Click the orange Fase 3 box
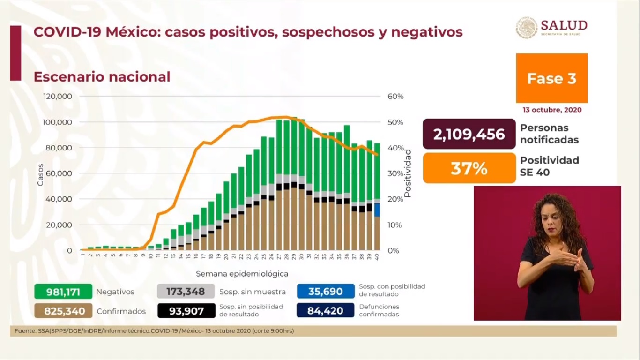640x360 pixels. point(551,78)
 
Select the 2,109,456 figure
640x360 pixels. point(469,135)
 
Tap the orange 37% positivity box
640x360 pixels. point(469,168)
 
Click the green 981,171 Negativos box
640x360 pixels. point(63,292)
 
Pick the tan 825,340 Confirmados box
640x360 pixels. point(63,311)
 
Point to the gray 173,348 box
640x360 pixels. point(186,292)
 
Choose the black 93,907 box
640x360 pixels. point(186,311)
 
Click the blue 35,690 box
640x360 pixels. point(325,292)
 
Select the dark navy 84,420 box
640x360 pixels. point(325,311)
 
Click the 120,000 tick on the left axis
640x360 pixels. point(58,97)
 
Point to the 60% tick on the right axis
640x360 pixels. point(395,97)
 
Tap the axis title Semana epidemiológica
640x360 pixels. point(242,274)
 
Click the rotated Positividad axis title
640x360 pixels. point(408,173)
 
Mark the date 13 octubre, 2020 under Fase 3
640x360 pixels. point(552,110)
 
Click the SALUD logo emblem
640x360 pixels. point(527,28)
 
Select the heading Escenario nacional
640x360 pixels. point(102,77)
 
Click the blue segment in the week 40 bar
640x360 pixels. point(377,210)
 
